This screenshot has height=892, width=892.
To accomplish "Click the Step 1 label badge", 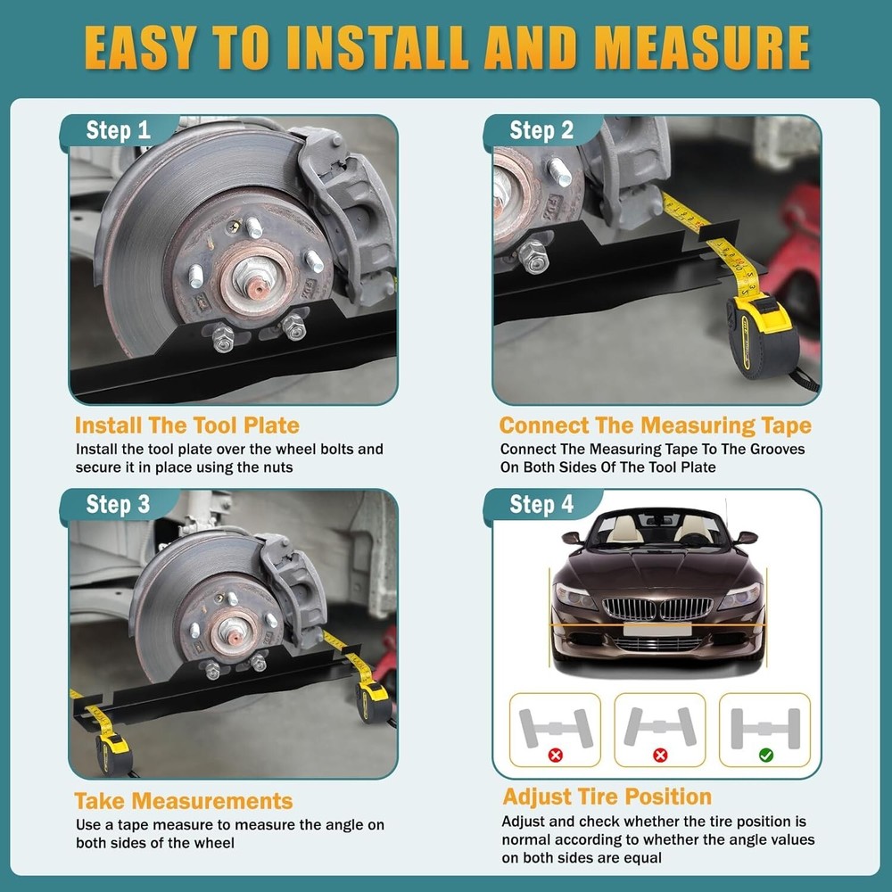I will point(118,131).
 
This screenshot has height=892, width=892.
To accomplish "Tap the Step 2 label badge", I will point(541,131).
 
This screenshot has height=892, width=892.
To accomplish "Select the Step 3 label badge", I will point(118,505).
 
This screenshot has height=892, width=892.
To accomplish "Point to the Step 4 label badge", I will point(541,505).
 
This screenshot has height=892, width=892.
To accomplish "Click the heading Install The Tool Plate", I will point(186,425).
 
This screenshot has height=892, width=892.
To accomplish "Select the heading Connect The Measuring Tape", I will point(655,425).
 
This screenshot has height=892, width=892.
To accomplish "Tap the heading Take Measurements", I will point(183,800).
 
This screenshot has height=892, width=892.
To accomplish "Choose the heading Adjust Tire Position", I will point(607,797).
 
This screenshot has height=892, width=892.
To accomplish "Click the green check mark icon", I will point(765,755).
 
